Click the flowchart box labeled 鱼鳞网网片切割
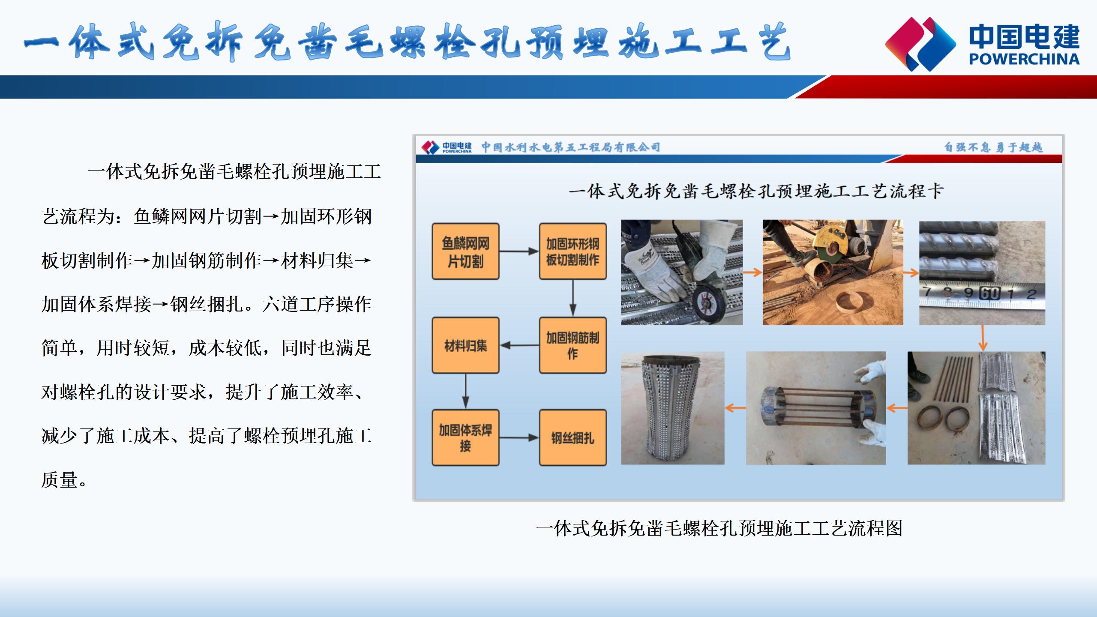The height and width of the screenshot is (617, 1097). click(x=465, y=252)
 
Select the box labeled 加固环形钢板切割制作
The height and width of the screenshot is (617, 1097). click(x=572, y=252)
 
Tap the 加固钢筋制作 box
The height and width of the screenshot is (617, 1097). click(x=572, y=345)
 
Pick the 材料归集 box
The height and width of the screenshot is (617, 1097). click(x=465, y=345)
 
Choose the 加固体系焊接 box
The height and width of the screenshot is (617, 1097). click(x=465, y=437)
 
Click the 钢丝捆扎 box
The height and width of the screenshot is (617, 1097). click(x=572, y=437)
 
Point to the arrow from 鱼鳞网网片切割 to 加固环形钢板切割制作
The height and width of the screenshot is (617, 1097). click(x=519, y=252)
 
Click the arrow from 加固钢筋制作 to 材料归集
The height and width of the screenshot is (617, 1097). click(x=519, y=345)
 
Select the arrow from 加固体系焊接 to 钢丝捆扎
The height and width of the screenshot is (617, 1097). click(x=519, y=437)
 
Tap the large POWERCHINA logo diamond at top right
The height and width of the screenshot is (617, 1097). click(x=920, y=44)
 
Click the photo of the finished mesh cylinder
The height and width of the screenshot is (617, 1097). click(x=673, y=408)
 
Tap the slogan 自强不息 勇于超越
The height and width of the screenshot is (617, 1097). click(x=993, y=147)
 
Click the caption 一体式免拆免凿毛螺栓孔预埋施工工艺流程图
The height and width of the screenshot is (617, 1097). click(x=719, y=528)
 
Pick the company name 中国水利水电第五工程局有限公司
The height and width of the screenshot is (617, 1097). click(x=571, y=147)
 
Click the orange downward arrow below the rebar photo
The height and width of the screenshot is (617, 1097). click(x=983, y=338)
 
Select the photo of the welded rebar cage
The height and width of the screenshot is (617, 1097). click(x=816, y=408)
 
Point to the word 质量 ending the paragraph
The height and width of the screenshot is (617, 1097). click(x=60, y=480)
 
